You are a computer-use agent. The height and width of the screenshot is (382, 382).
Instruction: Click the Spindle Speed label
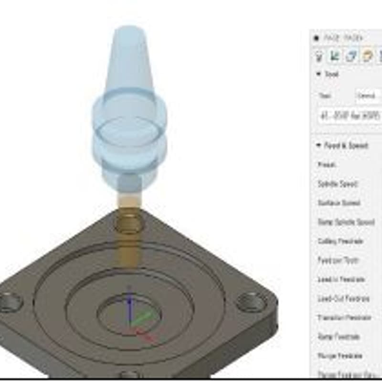click(x=337, y=184)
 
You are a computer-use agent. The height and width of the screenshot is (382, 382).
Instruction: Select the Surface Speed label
click(x=339, y=203)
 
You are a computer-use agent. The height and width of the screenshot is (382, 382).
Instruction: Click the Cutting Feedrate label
click(x=340, y=241)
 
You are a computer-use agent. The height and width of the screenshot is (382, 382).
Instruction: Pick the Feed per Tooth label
click(x=338, y=260)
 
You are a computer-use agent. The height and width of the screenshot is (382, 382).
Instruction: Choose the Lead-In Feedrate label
click(x=341, y=279)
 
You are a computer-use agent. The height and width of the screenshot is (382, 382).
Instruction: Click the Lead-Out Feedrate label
click(x=343, y=298)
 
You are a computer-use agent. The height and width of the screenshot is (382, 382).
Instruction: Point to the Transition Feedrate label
click(x=344, y=318)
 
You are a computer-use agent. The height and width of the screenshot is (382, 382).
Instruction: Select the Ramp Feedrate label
click(x=338, y=337)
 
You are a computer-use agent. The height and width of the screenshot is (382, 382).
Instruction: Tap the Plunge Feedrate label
click(x=340, y=356)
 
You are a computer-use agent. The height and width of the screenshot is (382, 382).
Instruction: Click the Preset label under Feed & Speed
click(x=327, y=165)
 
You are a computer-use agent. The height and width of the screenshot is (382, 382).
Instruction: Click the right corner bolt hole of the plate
click(x=251, y=302)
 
